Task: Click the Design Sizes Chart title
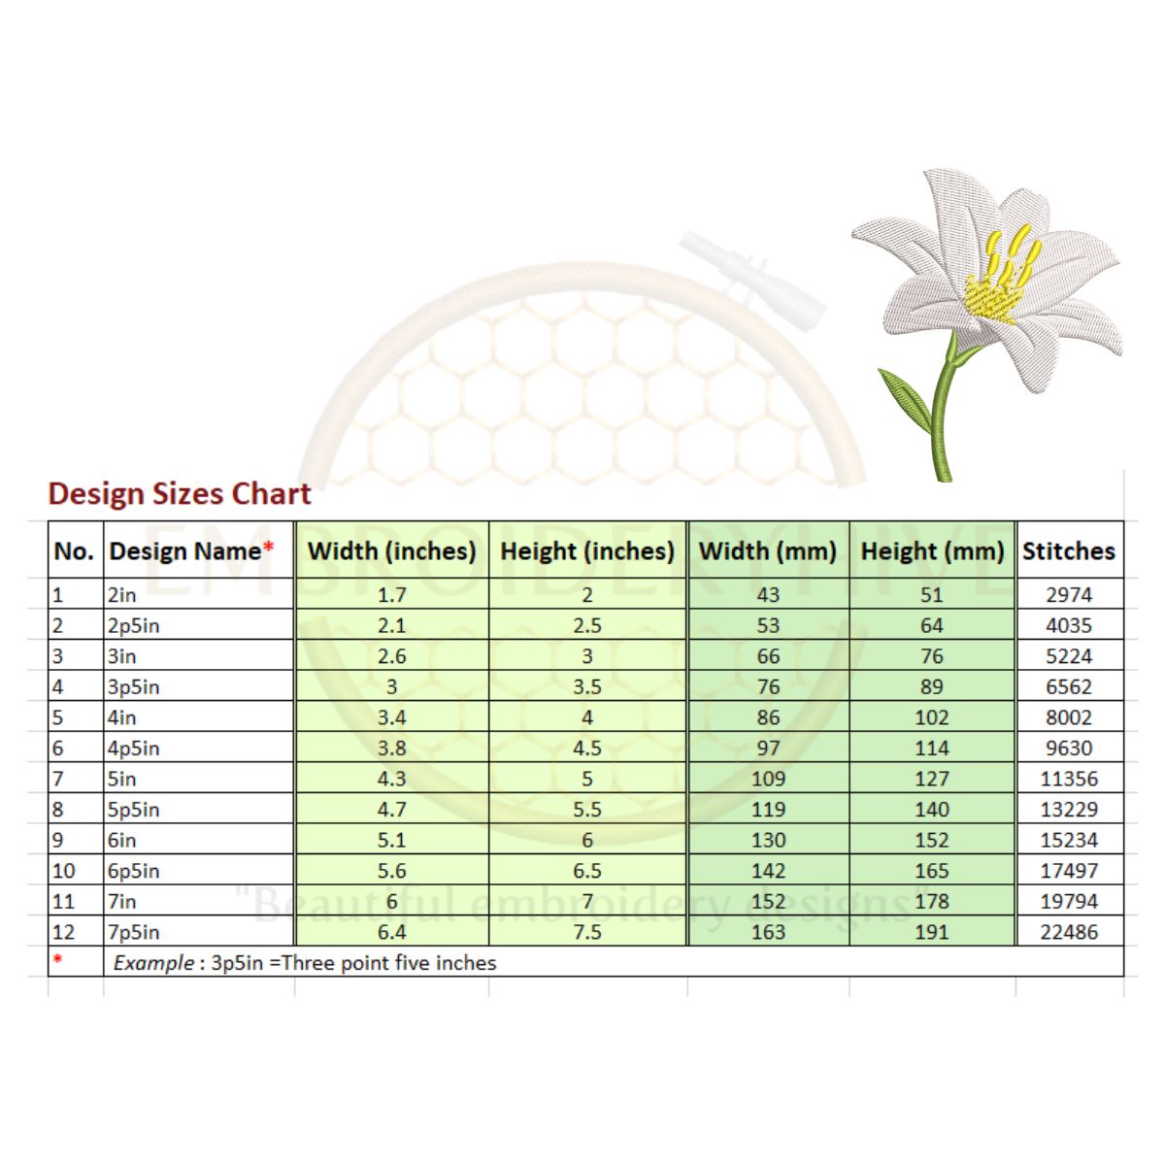point(180,494)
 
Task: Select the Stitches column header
point(1068,551)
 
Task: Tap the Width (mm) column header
point(767,551)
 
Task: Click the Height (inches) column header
point(586,551)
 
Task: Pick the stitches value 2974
point(1068,595)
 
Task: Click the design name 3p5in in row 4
point(134,687)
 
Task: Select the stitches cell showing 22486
point(1068,932)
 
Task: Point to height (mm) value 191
point(931,932)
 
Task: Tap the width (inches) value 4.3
point(391,779)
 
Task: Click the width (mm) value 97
point(768,749)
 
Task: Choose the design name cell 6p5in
point(134,871)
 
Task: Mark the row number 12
point(63,932)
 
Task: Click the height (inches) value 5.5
point(586,810)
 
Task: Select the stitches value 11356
point(1068,779)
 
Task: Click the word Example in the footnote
point(153,963)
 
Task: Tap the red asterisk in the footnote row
point(57,960)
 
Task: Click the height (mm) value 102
point(931,717)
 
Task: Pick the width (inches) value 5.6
point(391,871)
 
